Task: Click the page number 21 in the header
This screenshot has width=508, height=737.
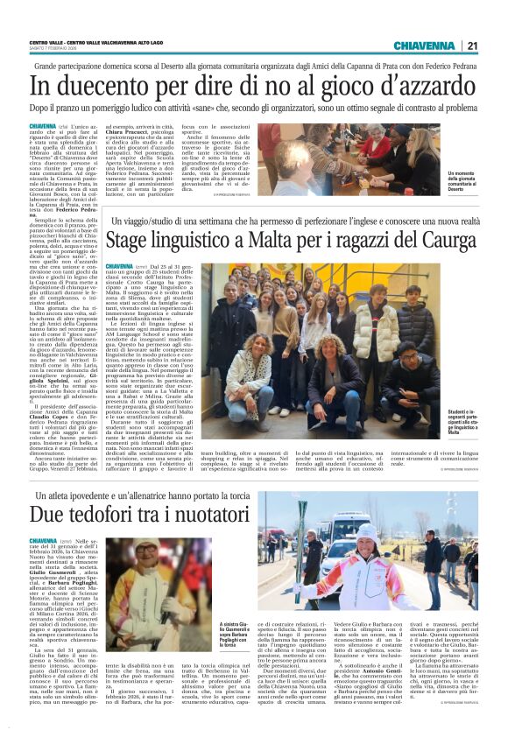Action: (x=472, y=46)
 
